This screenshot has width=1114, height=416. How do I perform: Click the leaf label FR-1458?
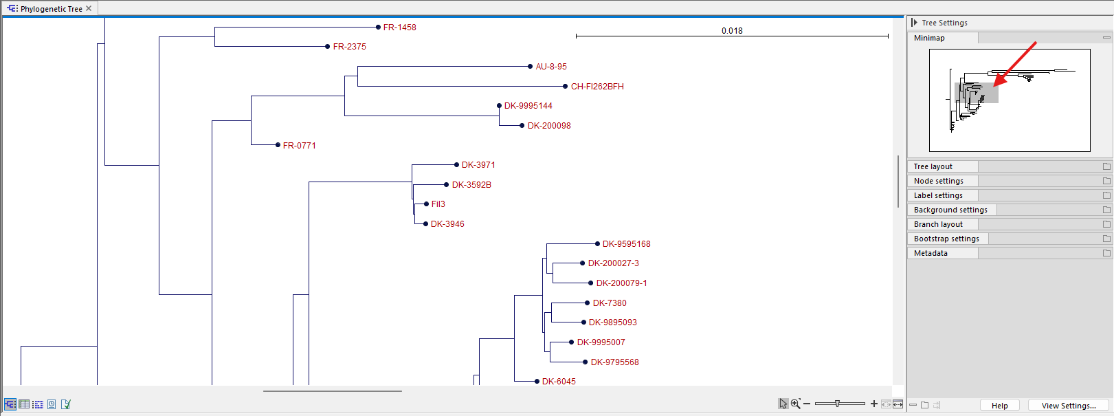point(399,28)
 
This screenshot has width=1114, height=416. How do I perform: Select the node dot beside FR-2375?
point(328,47)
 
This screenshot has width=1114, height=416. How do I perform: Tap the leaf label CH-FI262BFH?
point(597,87)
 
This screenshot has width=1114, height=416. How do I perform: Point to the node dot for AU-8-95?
point(530,67)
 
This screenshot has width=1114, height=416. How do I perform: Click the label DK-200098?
point(549,126)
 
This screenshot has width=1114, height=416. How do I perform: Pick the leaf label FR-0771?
point(299,146)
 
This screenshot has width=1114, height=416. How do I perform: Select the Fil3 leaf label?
point(438,204)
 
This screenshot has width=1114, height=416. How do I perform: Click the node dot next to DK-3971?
point(456,165)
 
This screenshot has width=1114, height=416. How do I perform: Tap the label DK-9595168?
point(626,244)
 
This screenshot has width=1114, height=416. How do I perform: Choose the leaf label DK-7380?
point(610,303)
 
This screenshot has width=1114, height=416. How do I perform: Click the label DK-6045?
point(559,382)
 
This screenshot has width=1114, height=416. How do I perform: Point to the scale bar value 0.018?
point(732,31)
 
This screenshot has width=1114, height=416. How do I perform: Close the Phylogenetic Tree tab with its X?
point(89,9)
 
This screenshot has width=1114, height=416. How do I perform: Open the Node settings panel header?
point(938,181)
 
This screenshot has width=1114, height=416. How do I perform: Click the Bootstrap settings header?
point(946,239)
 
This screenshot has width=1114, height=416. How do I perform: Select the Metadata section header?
point(931,253)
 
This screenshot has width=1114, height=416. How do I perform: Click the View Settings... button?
point(1068,406)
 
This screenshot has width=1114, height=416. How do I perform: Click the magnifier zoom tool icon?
point(795,404)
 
